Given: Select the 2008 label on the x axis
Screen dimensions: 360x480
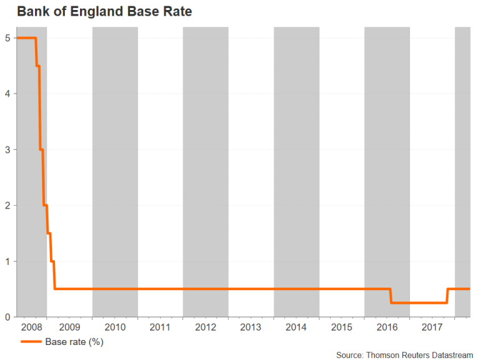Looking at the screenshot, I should coord(31,327).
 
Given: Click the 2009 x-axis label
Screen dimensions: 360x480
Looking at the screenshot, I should coord(70,327).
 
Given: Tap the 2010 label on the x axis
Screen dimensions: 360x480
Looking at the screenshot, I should coord(115,327).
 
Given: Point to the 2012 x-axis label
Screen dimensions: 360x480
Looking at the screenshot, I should coord(206,327).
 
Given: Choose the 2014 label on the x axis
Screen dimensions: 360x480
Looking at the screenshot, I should coord(296,327).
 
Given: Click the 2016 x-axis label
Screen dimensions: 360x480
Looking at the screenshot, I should coord(387,327).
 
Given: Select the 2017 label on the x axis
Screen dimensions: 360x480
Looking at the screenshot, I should coord(432,327).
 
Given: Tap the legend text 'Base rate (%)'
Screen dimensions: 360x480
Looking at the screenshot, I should coord(74,342).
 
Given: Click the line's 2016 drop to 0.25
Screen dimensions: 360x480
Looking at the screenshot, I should coord(391,296).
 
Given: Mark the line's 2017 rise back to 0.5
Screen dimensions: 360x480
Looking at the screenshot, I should coord(447,296).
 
